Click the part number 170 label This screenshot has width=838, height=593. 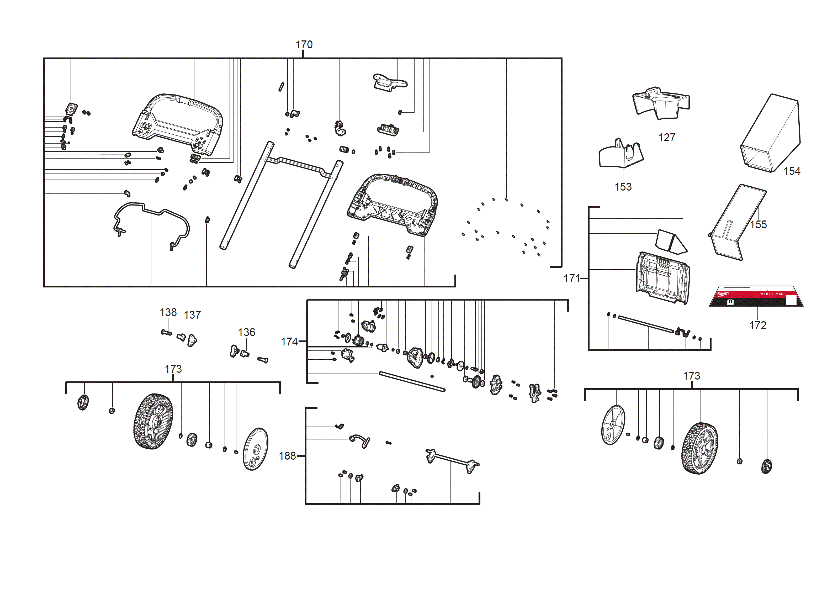pyautogui.click(x=304, y=45)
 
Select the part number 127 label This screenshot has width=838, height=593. pyautogui.click(x=666, y=137)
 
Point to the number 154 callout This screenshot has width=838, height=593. pyautogui.click(x=792, y=171)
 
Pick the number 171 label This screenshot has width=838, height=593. pyautogui.click(x=571, y=279)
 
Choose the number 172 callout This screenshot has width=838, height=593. pyautogui.click(x=757, y=325)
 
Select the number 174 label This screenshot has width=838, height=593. pyautogui.click(x=289, y=342)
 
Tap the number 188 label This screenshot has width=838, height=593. pyautogui.click(x=287, y=456)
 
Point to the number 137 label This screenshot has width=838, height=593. pyautogui.click(x=192, y=315)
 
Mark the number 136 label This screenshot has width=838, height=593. pyautogui.click(x=246, y=332)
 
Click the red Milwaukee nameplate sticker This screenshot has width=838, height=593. pyautogui.click(x=756, y=296)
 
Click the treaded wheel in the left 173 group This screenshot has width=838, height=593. pyautogui.click(x=153, y=421)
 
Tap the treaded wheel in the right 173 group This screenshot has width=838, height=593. pyautogui.click(x=699, y=448)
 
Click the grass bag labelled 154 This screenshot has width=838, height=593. pyautogui.click(x=770, y=133)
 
